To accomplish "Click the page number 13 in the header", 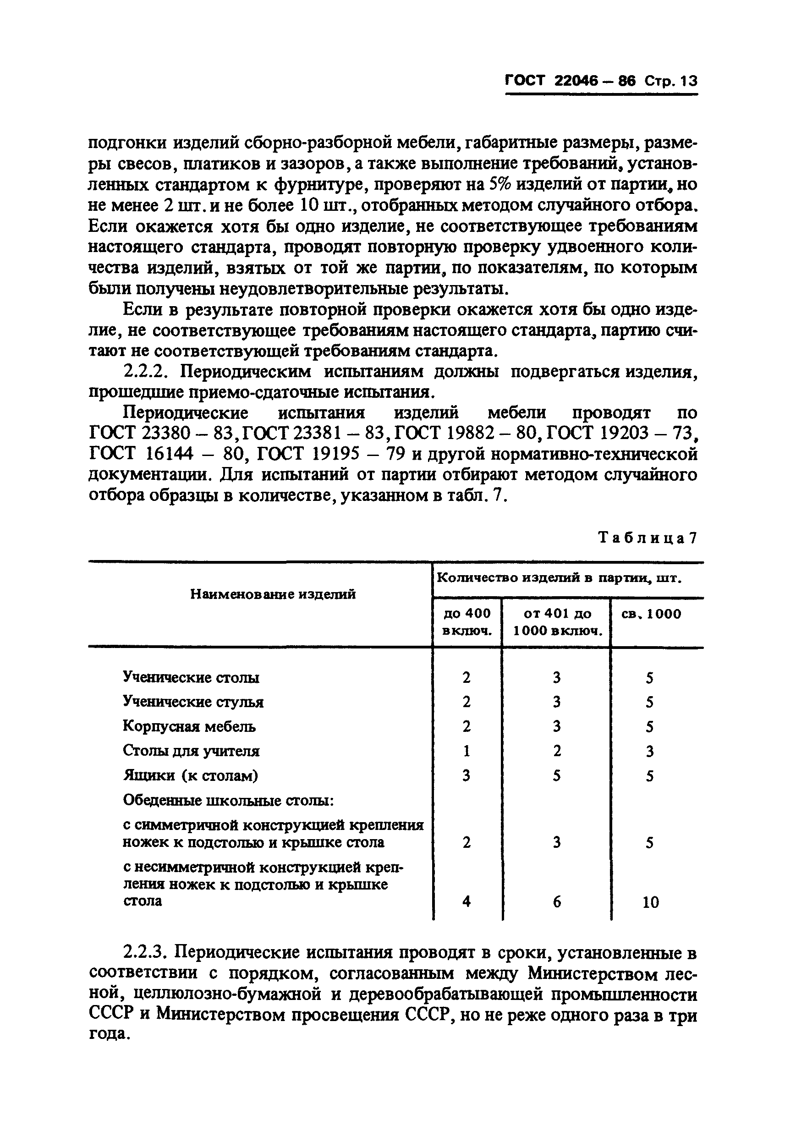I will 689,82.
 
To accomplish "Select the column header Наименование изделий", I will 273,594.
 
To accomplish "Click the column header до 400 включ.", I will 467,621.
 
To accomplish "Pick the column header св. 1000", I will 651,614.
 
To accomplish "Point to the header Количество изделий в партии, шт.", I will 559,578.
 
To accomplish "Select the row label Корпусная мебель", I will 189,726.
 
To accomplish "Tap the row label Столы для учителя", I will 191,751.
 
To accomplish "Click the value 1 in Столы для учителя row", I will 466,751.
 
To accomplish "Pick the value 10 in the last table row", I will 650,902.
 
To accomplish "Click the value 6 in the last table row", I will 557,902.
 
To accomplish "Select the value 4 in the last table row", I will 466,901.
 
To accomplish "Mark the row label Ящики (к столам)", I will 190,775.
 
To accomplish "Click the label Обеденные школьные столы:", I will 228,801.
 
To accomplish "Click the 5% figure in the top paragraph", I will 500,184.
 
